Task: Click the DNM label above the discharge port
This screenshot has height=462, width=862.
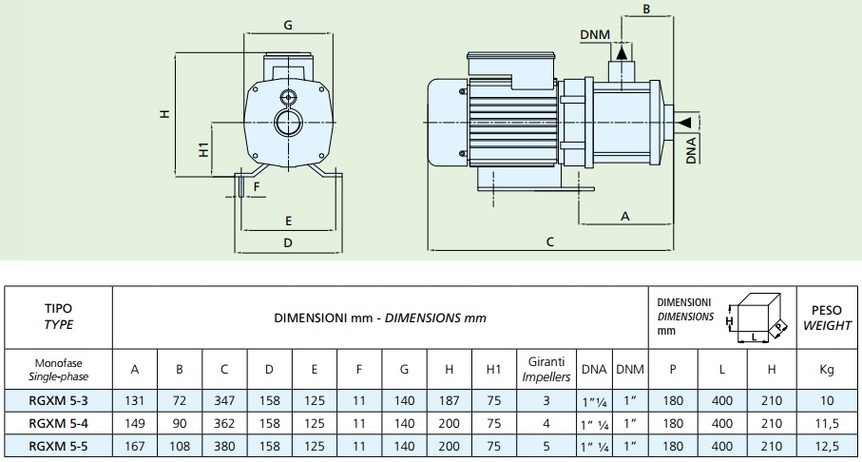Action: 595,34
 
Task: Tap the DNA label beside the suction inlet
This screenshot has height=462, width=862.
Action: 691,150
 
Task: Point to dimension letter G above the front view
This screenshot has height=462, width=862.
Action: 288,25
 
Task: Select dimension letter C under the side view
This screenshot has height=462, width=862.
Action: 549,241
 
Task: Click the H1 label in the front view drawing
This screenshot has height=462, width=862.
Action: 204,149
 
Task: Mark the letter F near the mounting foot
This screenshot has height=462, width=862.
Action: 257,186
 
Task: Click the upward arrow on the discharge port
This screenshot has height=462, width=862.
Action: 621,52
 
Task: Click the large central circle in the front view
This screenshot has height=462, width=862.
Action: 288,122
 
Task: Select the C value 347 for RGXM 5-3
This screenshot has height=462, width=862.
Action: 224,400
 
